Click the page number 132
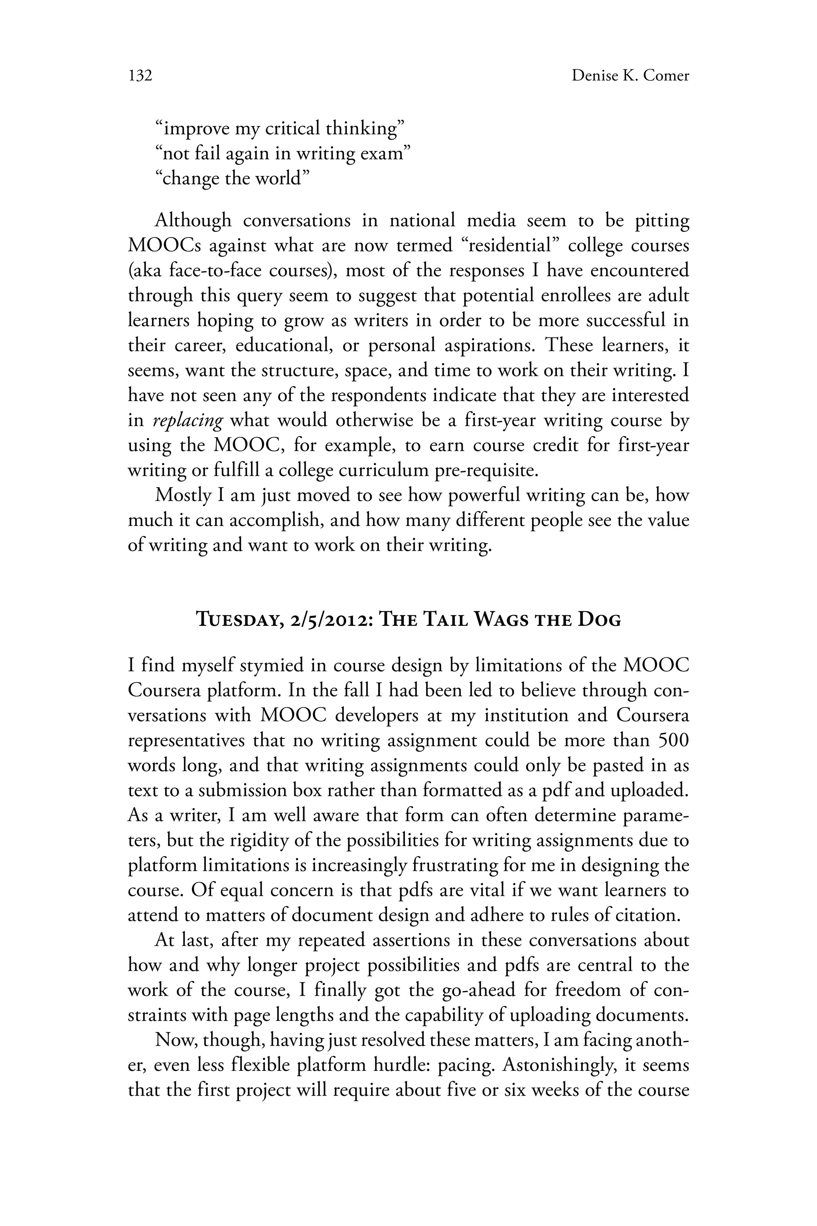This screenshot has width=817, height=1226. (140, 76)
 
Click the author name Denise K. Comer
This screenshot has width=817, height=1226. (630, 76)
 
